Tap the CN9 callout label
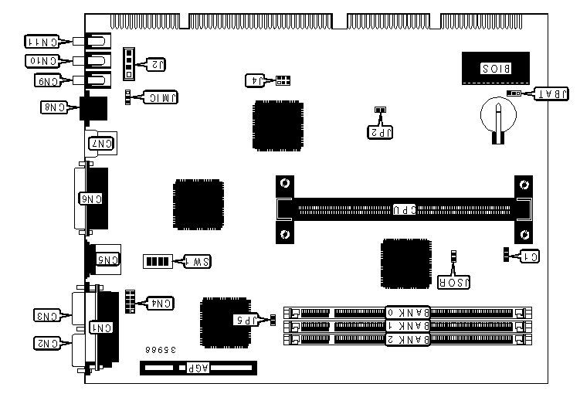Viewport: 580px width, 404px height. (47, 79)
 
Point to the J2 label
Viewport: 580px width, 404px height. (154, 64)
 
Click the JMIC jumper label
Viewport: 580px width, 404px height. (159, 97)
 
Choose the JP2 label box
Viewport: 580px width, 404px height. (379, 131)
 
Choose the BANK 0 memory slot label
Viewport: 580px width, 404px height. (406, 312)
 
